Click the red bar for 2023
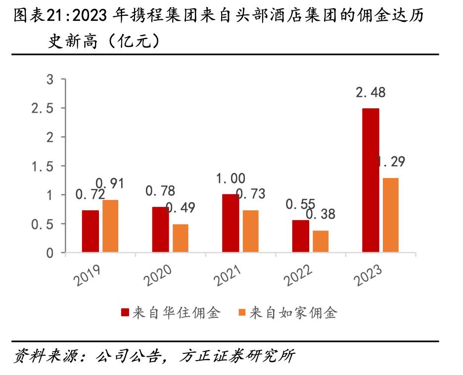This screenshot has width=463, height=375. click(370, 181)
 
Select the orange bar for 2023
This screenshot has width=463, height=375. click(390, 215)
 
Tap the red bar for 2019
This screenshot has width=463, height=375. click(91, 232)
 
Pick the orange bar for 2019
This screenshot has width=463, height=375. click(110, 226)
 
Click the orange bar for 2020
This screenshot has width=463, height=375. click(181, 238)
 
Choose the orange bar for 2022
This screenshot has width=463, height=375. click(321, 241)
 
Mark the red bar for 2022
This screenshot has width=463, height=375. click(301, 236)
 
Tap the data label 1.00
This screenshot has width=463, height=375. click(231, 179)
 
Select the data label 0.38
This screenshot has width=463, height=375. click(321, 214)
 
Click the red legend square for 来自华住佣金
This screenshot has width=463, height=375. click(126, 313)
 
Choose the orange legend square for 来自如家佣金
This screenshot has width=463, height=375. click(242, 313)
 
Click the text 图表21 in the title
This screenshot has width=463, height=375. click(41, 16)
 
